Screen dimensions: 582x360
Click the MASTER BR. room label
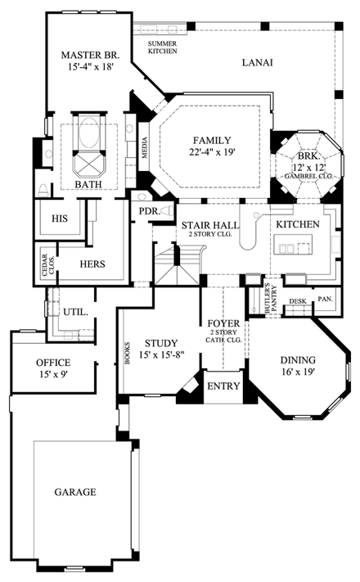click(91, 56)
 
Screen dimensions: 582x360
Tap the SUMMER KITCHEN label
click(162, 47)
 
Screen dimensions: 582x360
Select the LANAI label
click(258, 62)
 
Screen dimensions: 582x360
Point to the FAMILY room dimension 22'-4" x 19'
click(212, 152)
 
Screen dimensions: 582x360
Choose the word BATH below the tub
click(88, 185)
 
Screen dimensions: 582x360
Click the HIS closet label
click(59, 219)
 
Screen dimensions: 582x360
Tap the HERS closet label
click(92, 264)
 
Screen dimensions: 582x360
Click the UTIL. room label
click(76, 313)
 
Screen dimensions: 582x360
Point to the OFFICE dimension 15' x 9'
click(52, 375)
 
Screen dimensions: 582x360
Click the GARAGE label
click(75, 492)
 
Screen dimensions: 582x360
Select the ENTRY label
click(221, 386)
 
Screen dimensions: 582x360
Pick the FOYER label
click(223, 323)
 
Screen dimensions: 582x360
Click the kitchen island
click(295, 246)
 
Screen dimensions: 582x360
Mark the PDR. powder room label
click(149, 210)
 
